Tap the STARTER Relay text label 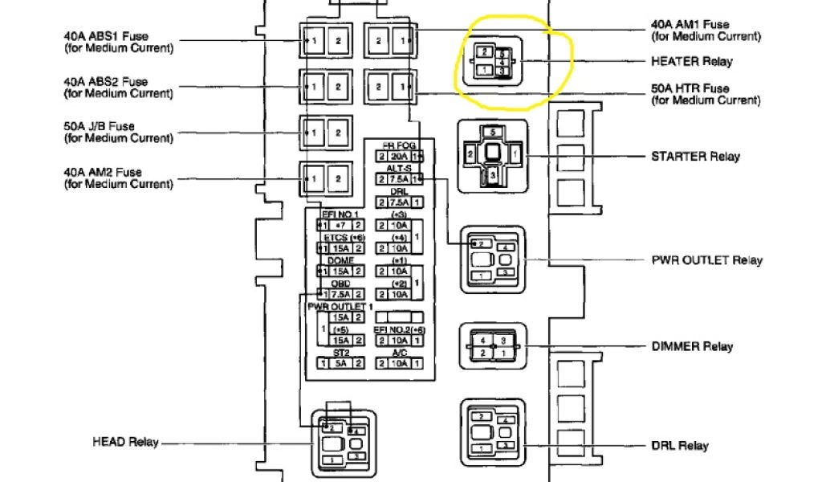[696, 157]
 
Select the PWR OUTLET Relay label [706, 260]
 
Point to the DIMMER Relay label [692, 346]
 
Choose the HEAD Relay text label [125, 443]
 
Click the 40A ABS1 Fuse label [117, 42]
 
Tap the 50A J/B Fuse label [117, 133]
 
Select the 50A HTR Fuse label [706, 94]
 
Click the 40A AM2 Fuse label [117, 178]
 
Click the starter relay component [491, 156]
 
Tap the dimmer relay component [491, 346]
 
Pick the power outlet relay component [491, 259]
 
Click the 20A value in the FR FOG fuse [400, 156]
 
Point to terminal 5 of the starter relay [492, 131]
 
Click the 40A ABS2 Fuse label [117, 88]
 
